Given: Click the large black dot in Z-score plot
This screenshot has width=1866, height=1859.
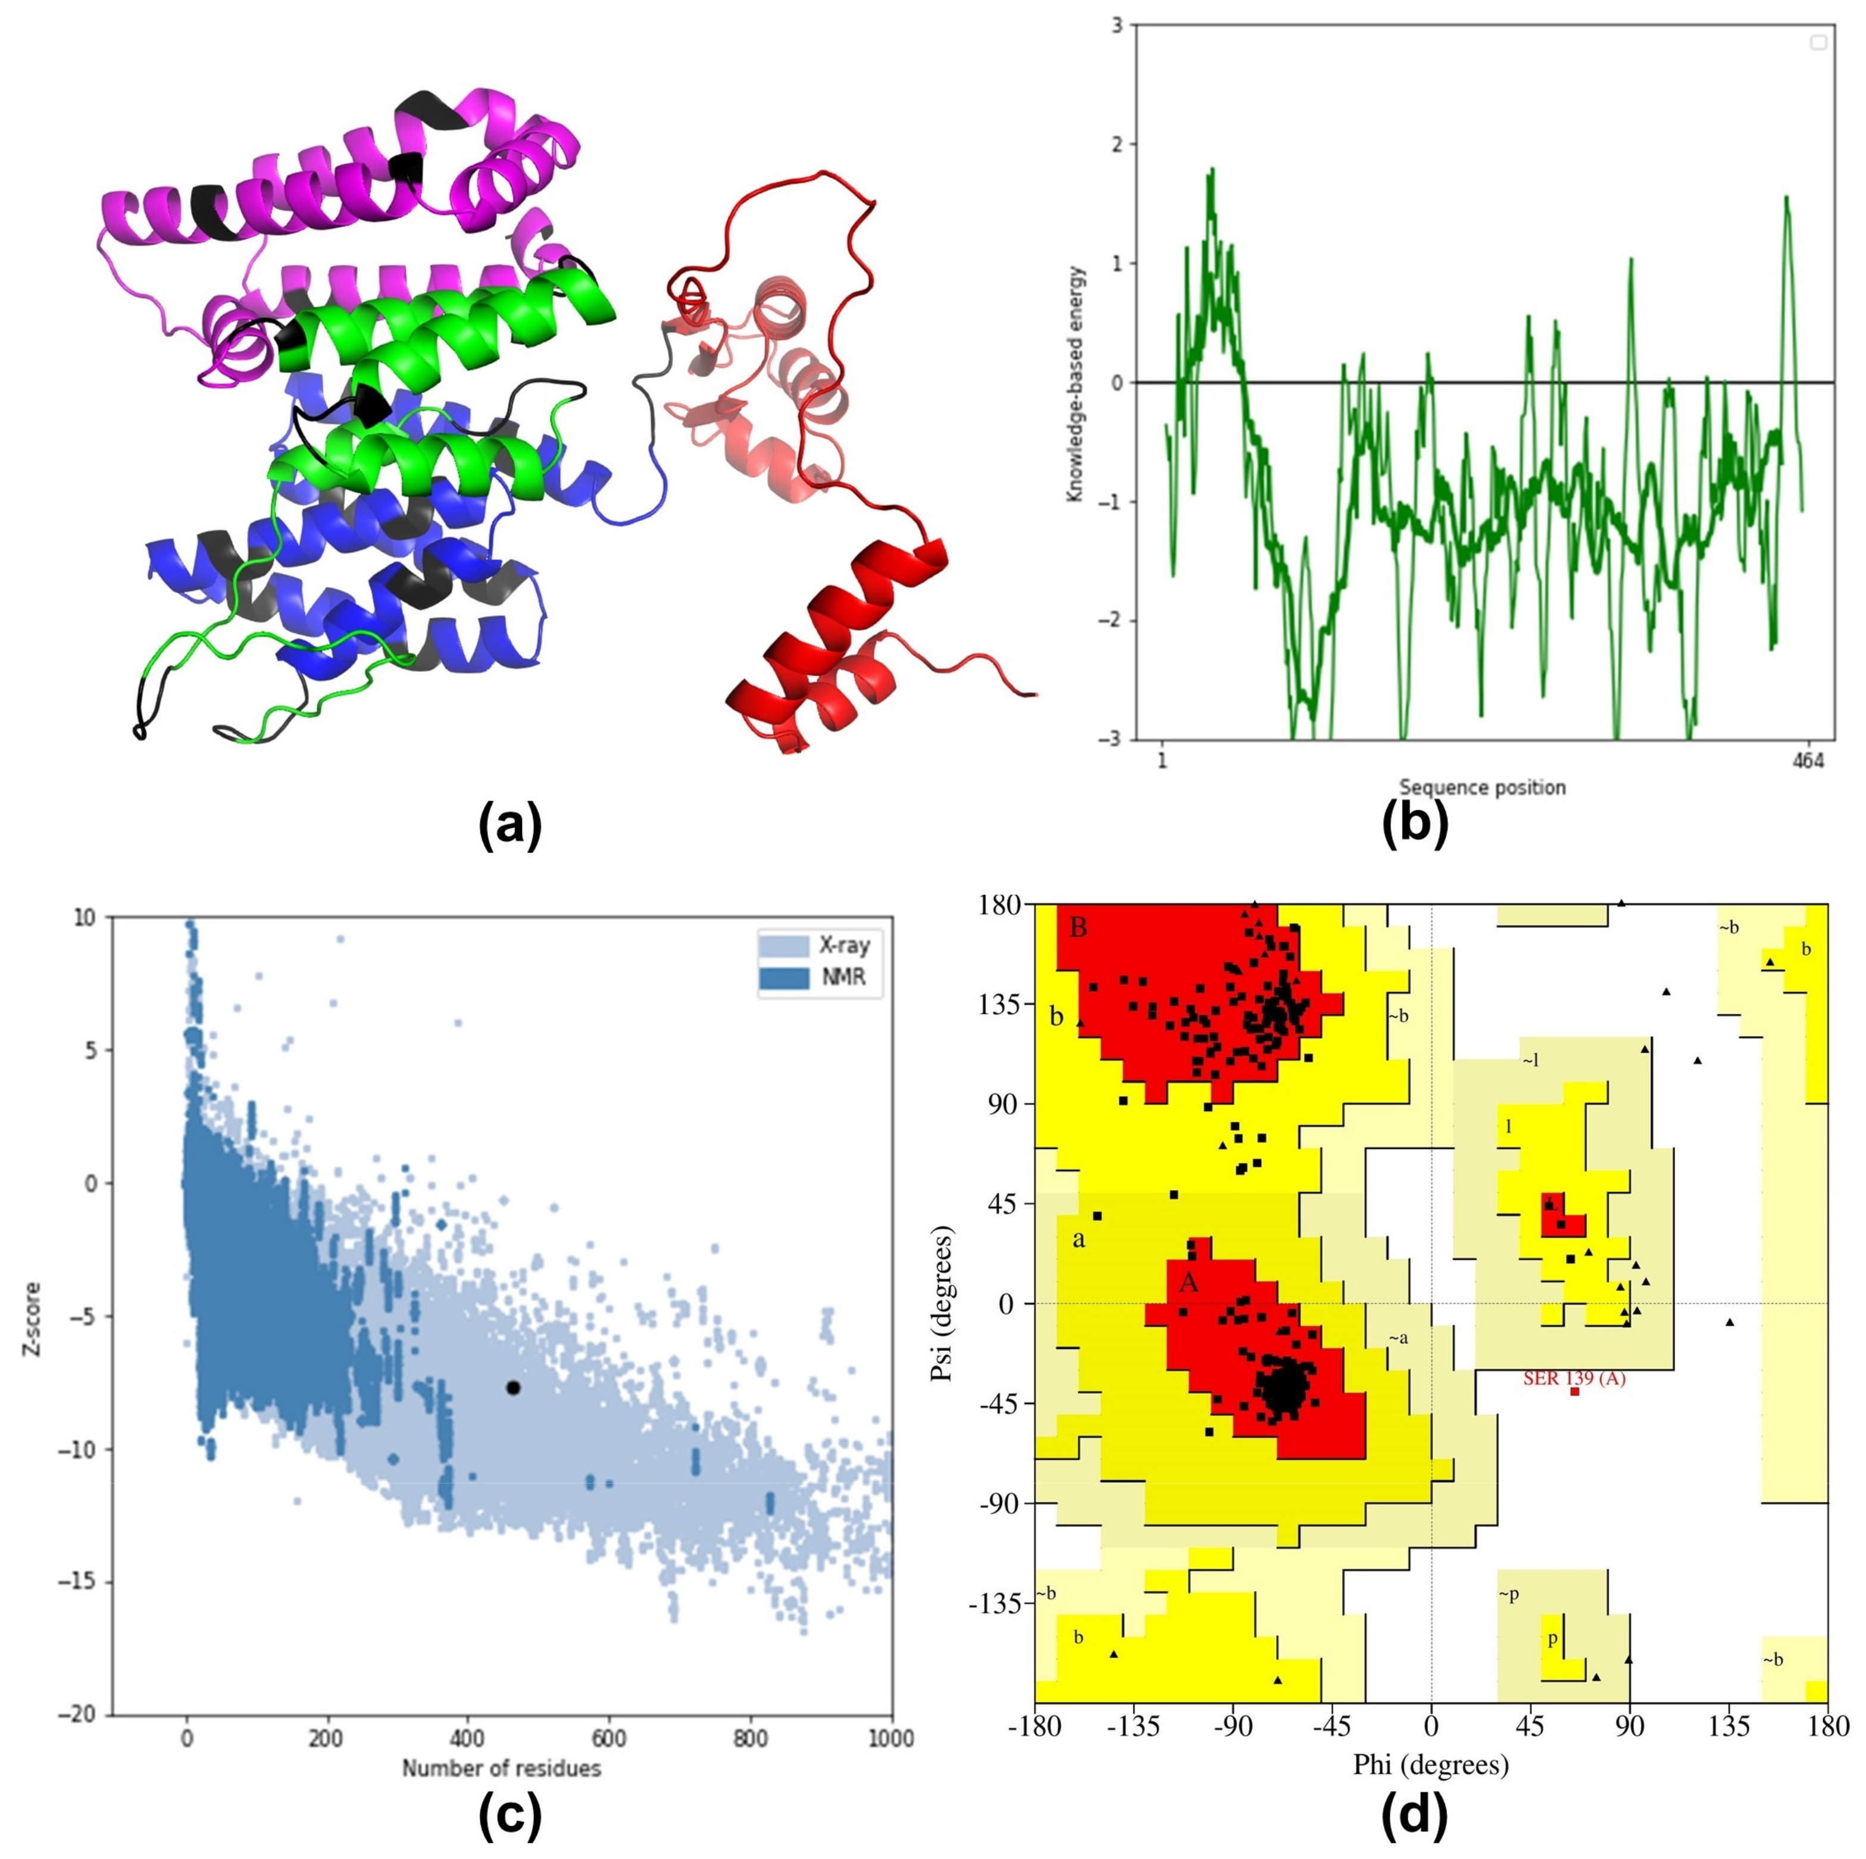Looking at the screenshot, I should pyautogui.click(x=513, y=1388).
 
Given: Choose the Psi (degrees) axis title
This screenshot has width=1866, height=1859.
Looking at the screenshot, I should pyautogui.click(x=943, y=1304).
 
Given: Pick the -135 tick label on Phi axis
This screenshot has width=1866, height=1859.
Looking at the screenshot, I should pyautogui.click(x=1134, y=1727).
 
